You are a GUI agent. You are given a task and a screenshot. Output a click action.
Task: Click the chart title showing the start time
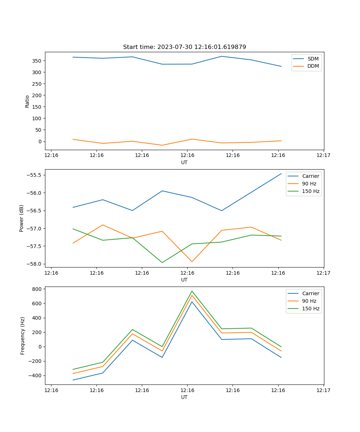point(184,47)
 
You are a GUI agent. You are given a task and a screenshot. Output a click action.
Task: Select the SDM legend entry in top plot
point(313,59)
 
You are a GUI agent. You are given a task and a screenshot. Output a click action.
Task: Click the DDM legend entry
point(313,66)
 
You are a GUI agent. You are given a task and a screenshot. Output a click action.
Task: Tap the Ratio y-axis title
point(27,101)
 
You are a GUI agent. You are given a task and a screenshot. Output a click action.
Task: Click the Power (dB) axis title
point(22,218)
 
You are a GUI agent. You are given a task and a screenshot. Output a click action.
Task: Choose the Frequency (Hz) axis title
point(23,336)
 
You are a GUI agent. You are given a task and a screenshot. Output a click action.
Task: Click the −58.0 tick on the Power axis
point(34,264)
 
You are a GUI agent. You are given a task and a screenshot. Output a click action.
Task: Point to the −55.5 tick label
point(34,175)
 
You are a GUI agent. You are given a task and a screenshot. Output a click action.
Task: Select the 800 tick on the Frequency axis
point(37,289)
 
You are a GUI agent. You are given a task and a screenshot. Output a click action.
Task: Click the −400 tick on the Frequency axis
point(35,376)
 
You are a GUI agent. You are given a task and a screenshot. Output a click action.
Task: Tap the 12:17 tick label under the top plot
point(323,155)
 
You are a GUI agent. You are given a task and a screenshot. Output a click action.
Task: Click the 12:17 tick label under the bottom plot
point(323,390)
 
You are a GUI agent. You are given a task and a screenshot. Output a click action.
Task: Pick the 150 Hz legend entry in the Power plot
point(311,191)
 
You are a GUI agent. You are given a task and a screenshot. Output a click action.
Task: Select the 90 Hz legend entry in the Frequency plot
point(309,301)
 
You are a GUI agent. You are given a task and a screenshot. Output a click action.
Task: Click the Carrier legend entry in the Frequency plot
point(310,293)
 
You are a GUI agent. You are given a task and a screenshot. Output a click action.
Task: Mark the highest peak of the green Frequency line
point(192,291)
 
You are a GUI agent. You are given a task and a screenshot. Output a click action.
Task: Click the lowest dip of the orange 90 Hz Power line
point(192,262)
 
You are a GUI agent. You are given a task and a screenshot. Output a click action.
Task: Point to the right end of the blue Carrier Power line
point(281,174)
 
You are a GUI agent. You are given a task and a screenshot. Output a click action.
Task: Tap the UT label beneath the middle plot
point(184,280)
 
